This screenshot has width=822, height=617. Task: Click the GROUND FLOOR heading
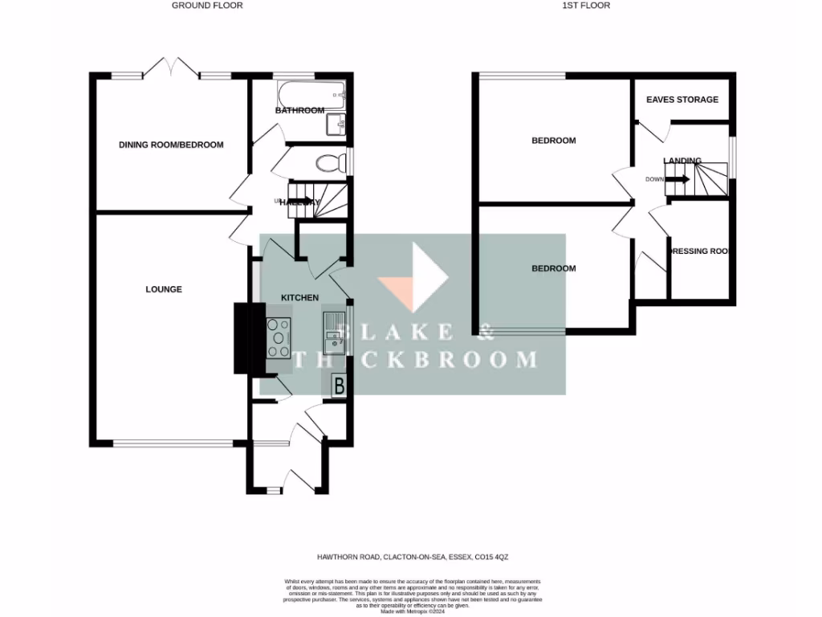pos(207,6)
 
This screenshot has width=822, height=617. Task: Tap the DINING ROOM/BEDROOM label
pos(171,145)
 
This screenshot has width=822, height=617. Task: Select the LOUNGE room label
pos(164,289)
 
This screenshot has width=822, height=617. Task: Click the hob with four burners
pos(279,337)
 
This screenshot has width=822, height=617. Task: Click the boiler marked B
pos(339,386)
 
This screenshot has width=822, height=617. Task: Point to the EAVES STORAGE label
pos(682,100)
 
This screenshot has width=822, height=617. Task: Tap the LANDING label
pos(682,161)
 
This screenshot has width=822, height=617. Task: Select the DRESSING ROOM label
pos(700,251)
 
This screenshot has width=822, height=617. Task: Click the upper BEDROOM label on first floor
pos(554,141)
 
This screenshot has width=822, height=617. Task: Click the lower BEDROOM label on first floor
pos(554,268)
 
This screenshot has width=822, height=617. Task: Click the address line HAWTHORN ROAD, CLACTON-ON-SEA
pos(413,555)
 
